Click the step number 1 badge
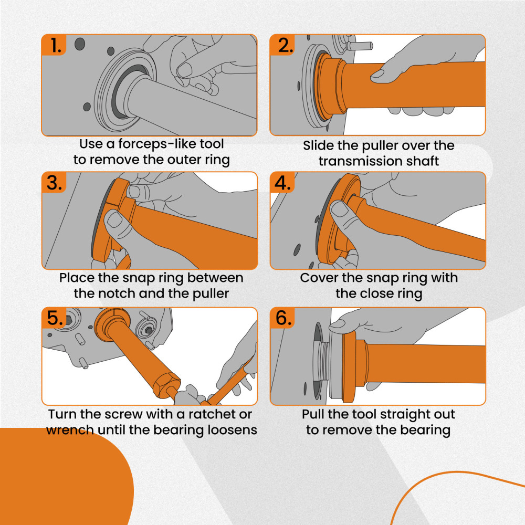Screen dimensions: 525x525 (x=54, y=45)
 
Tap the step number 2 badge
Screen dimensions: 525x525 (x=282, y=45)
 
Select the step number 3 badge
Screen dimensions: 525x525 (x=54, y=183)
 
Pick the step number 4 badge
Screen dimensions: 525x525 (x=282, y=183)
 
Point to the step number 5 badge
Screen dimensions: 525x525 (x=54, y=318)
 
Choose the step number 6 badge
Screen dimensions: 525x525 (x=282, y=318)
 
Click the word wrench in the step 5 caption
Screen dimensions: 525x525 (x=70, y=430)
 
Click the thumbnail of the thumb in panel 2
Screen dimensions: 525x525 (x=377, y=73)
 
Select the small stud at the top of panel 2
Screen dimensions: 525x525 (x=360, y=45)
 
